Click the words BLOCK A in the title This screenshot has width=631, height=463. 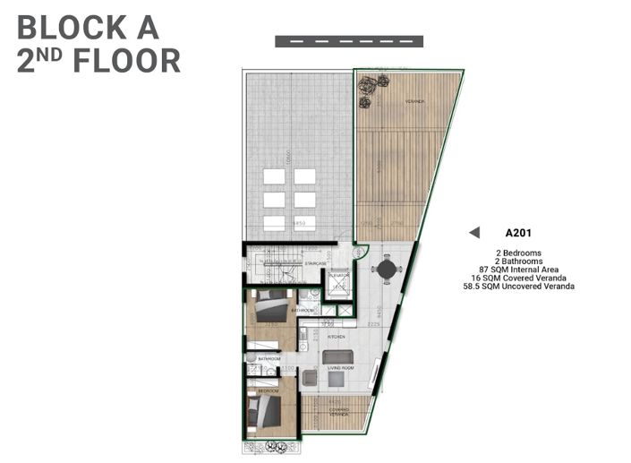click(88, 28)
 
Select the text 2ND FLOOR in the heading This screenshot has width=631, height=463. click(98, 61)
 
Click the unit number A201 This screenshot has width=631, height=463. click(518, 234)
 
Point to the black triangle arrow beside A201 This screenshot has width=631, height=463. click(475, 234)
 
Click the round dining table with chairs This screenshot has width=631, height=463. click(386, 268)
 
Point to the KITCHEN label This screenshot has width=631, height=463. click(336, 337)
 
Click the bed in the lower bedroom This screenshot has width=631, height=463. click(265, 413)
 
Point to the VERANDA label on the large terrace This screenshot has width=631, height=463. click(414, 101)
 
